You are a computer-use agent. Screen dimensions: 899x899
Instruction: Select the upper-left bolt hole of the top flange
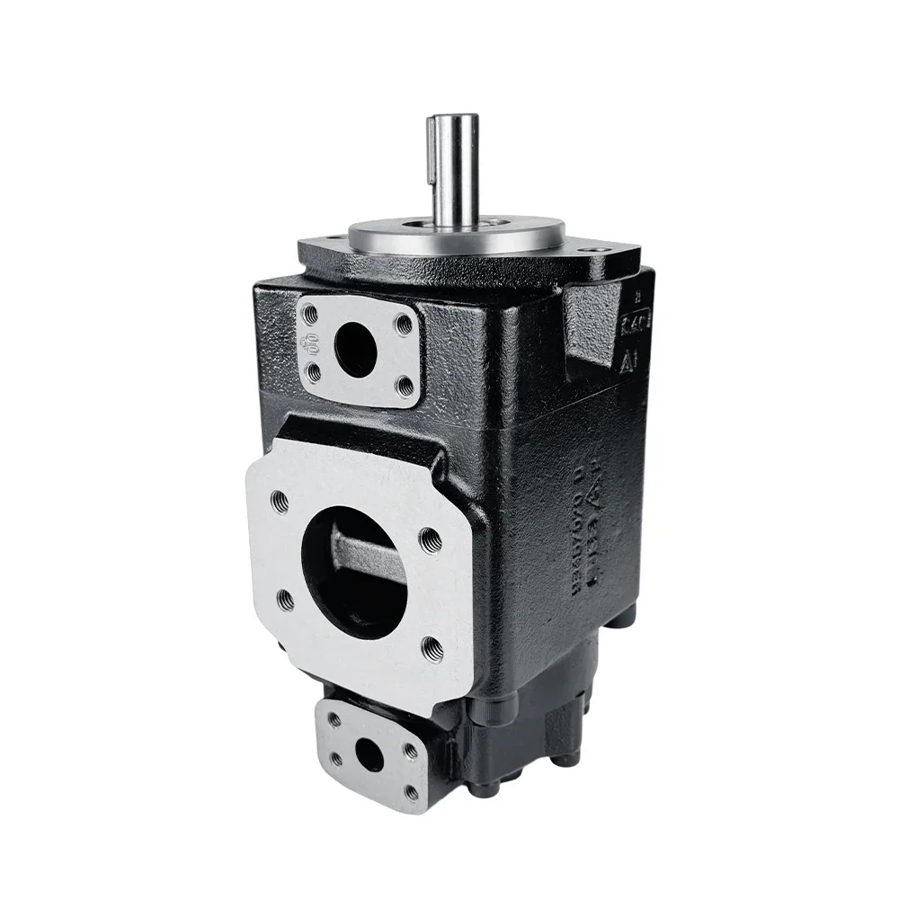click(311, 315)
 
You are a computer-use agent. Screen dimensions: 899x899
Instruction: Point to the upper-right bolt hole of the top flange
click(404, 323)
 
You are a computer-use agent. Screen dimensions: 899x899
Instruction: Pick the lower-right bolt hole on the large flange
click(432, 645)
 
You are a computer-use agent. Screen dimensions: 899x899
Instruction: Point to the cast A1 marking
click(631, 360)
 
